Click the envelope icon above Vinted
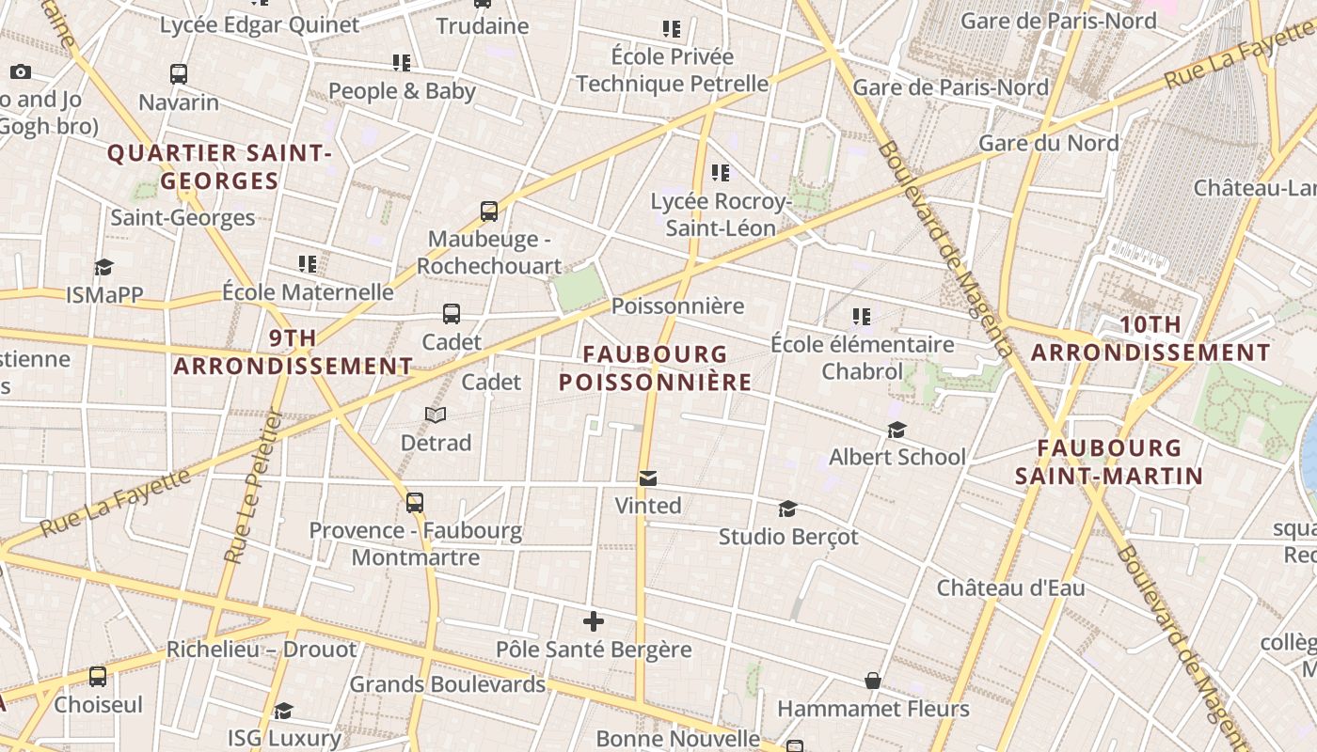tap(647, 478)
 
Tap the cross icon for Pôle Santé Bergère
tap(594, 621)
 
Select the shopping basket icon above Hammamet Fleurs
tap(873, 681)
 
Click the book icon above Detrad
tap(436, 415)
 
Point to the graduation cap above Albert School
tap(897, 430)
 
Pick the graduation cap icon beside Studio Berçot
tap(787, 509)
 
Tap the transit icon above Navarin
tap(179, 73)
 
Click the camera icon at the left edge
tap(20, 71)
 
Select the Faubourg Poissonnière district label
tap(656, 368)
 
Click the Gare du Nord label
tap(1049, 143)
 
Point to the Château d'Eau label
tap(1010, 587)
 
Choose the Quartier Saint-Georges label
tap(220, 166)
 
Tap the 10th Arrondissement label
tap(1150, 338)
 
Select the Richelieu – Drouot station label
tap(262, 650)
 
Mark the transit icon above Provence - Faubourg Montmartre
tap(415, 503)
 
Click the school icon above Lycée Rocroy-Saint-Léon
tap(721, 172)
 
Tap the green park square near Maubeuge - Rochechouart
tap(579, 288)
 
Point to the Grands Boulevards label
tap(447, 683)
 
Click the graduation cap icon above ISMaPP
tap(103, 267)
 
